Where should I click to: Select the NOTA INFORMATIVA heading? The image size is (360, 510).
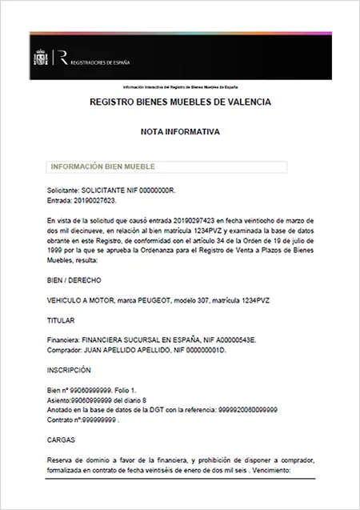pos(180,130)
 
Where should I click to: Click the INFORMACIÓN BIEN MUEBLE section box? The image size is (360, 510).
pos(166,167)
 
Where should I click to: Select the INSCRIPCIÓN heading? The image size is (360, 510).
pos(69,371)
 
